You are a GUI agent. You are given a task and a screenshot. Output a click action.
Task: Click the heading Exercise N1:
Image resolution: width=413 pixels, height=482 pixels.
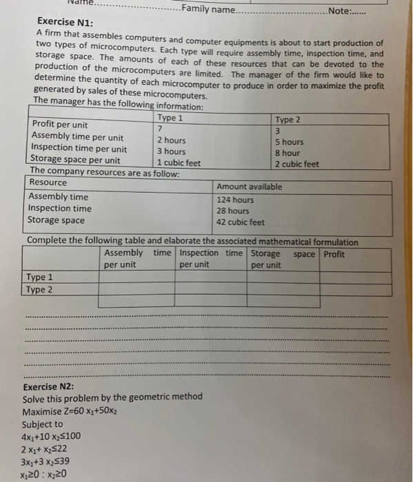click(x=61, y=22)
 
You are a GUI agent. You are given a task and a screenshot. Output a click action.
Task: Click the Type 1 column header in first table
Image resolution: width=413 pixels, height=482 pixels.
click(x=170, y=118)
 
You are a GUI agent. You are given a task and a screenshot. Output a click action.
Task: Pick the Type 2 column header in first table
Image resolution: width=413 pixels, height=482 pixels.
click(x=288, y=120)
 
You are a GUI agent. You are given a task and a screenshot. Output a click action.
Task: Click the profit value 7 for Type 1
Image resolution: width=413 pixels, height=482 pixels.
click(x=160, y=129)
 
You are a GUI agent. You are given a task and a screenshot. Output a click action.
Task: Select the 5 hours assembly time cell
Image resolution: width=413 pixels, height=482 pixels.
click(x=288, y=143)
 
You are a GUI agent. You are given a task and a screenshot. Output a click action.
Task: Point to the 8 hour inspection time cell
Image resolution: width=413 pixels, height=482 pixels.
click(x=287, y=154)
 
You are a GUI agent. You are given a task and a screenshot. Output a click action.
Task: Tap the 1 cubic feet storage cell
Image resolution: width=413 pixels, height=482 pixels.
click(x=178, y=163)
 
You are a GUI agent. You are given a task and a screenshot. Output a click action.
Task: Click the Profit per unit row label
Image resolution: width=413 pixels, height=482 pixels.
click(x=60, y=125)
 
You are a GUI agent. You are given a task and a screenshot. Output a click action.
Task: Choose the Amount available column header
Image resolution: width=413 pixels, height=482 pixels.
click(x=249, y=187)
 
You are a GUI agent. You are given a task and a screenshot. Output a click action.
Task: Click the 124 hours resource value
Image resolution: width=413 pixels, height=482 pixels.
click(x=234, y=200)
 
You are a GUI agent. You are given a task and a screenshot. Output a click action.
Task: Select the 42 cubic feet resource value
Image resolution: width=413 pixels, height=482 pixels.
click(x=240, y=222)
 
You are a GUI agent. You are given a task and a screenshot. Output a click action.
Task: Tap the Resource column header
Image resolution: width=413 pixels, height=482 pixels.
click(x=48, y=182)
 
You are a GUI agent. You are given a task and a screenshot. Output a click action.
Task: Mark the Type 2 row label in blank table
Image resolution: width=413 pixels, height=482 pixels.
click(x=39, y=289)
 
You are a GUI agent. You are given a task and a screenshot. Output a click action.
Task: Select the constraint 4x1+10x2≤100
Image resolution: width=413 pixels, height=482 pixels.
click(x=51, y=437)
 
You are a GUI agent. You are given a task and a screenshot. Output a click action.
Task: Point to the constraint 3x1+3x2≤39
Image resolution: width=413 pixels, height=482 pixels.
click(x=46, y=461)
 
